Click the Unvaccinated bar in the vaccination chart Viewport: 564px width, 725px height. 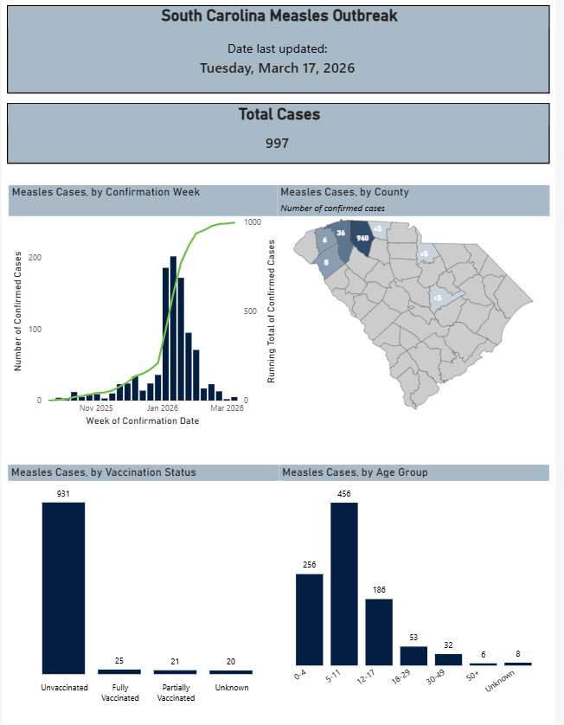[64, 587]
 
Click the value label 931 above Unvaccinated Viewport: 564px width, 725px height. [64, 494]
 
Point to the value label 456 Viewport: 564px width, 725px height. [343, 494]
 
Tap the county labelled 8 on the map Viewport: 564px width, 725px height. [327, 263]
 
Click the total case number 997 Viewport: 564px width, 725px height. [277, 144]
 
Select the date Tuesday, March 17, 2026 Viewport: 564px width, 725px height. [277, 68]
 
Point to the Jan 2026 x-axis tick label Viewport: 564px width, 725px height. [162, 407]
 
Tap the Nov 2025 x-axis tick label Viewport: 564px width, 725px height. [96, 407]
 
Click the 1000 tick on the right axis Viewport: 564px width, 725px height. [253, 222]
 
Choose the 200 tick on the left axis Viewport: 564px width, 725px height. [35, 258]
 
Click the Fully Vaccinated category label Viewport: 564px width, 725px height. [119, 692]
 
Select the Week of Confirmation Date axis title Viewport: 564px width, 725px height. [143, 420]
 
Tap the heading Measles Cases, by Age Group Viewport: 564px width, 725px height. [355, 472]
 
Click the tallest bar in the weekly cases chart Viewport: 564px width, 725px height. [174, 329]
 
